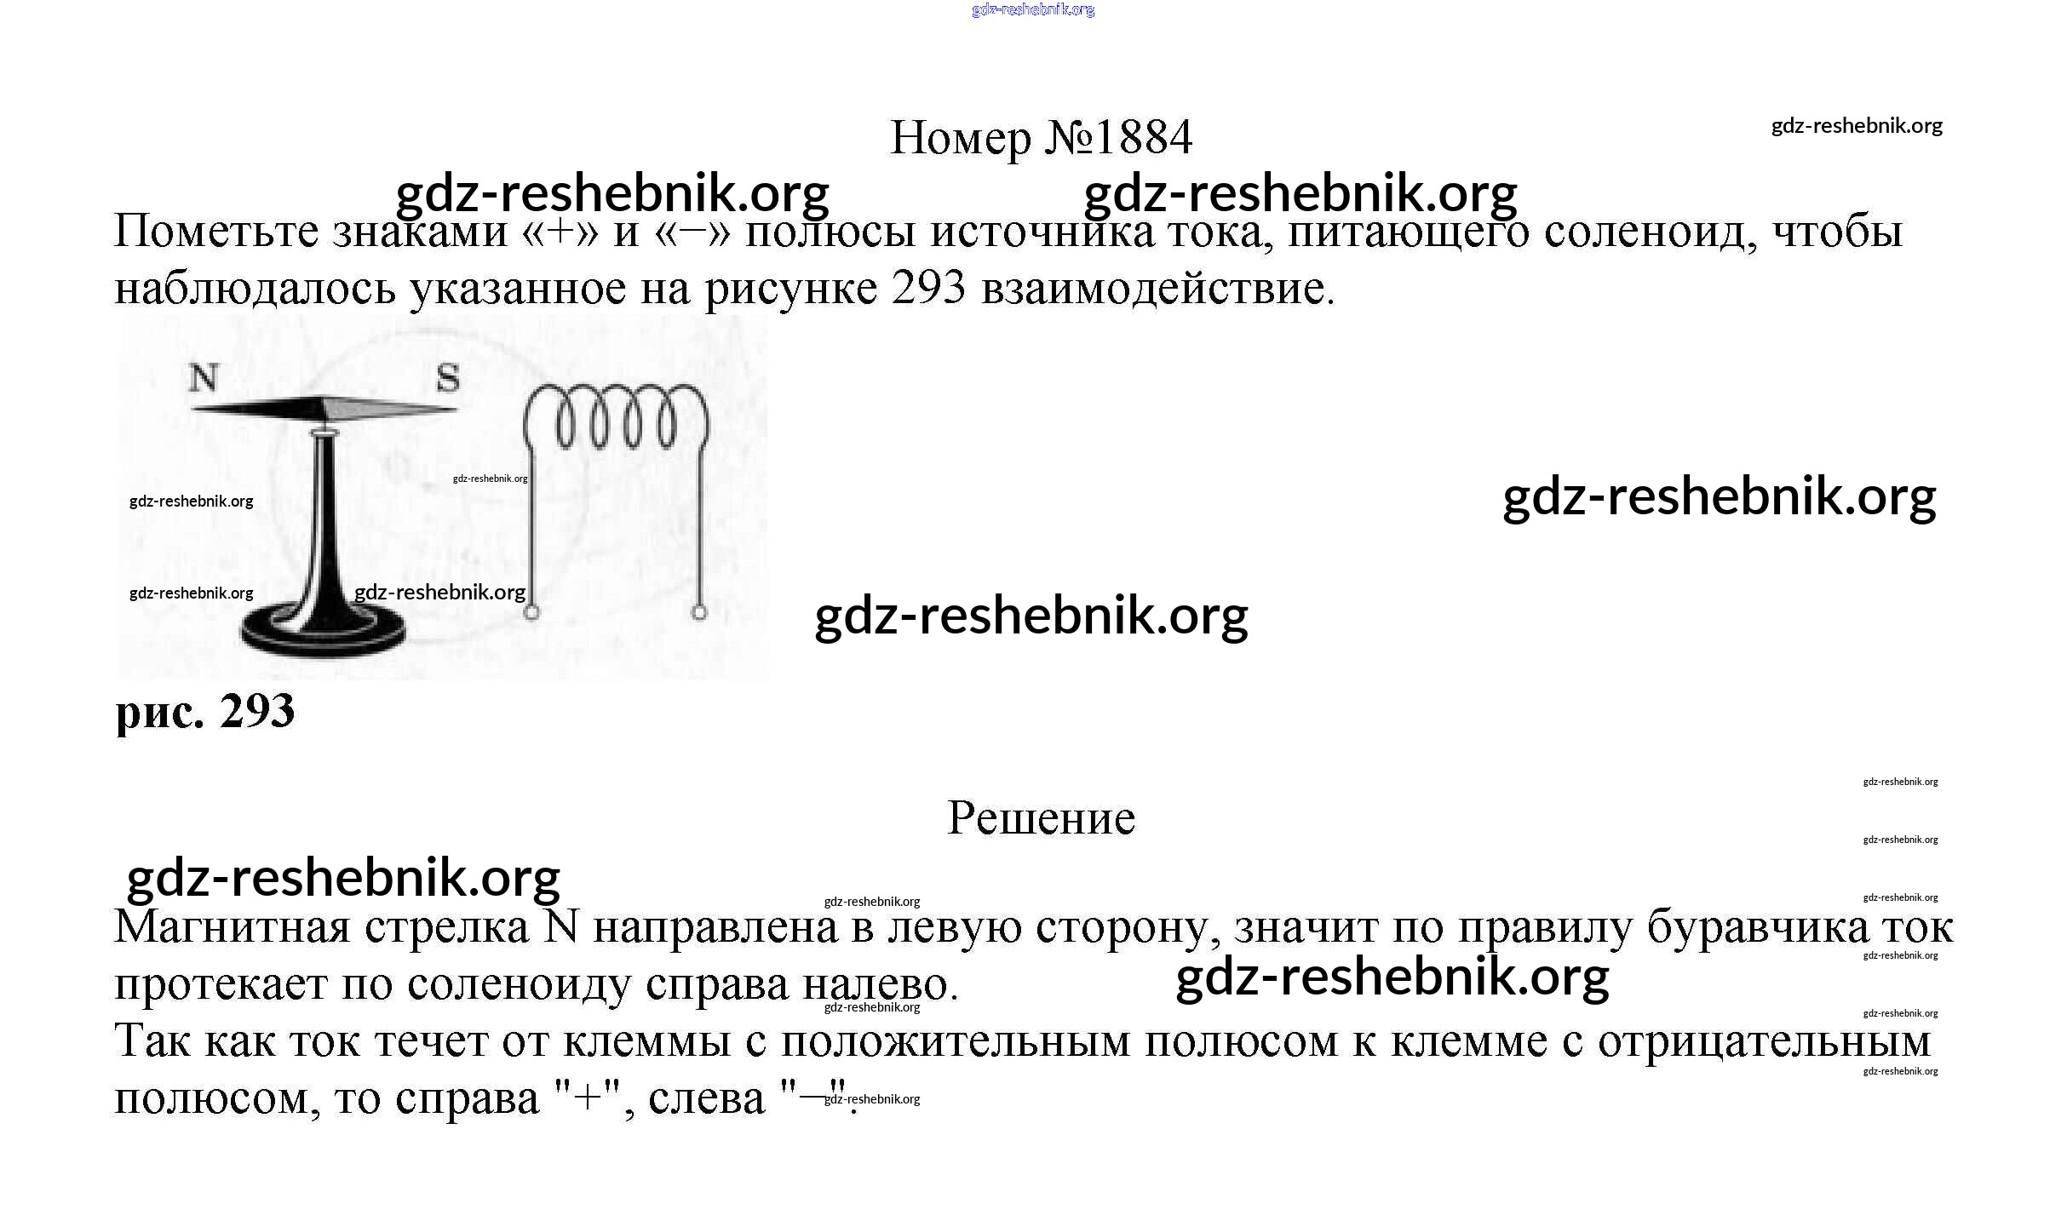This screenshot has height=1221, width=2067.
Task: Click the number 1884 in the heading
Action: [x=1145, y=138]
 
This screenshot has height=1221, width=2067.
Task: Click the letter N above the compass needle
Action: [x=204, y=378]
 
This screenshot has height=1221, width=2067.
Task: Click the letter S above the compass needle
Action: [x=448, y=378]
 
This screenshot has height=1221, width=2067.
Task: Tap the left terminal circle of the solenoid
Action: [x=531, y=612]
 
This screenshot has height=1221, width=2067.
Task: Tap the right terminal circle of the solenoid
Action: [x=699, y=612]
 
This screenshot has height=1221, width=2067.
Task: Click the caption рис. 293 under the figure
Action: [x=205, y=711]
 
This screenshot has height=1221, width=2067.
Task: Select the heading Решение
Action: [x=1041, y=818]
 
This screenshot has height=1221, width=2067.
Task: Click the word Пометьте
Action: [x=215, y=232]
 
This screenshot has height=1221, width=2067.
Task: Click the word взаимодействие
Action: [x=1157, y=289]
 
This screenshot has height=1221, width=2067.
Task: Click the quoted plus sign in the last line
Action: [x=589, y=1098]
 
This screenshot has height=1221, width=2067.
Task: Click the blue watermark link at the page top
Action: [x=1033, y=10]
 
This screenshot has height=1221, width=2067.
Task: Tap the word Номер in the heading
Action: [x=960, y=138]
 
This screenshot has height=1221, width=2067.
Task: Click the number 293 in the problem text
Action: [x=929, y=289]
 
